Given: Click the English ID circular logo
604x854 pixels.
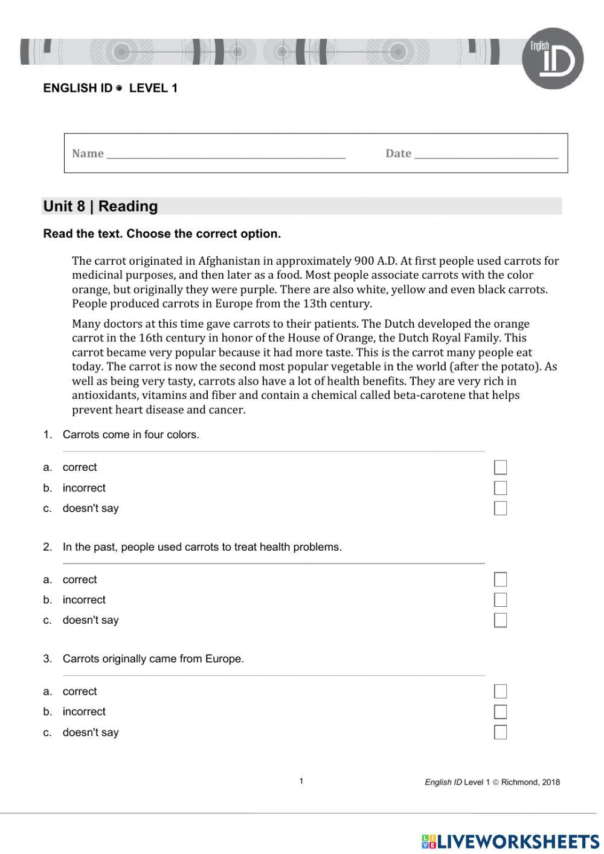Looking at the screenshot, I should coord(552,59).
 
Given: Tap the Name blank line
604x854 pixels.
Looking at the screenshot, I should coord(226,155).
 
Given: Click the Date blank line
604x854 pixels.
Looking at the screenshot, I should coord(486,155).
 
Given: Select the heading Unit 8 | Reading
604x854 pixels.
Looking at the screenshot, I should coord(101,206).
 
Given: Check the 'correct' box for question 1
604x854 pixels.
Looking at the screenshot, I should coord(500,467).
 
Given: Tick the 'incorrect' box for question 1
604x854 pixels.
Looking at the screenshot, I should coord(500,488).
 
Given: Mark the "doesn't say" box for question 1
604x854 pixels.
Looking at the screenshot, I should coord(500,508).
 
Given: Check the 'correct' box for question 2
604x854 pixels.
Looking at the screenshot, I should coord(500,580).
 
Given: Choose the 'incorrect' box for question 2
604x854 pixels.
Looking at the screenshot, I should coord(500,600).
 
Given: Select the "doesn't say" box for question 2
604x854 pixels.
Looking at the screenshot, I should coord(500,620).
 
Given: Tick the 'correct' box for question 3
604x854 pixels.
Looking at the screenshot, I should coord(500,691).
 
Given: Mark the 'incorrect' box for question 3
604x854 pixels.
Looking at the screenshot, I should coord(500,712).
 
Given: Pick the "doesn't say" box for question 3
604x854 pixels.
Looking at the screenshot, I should coord(500,733).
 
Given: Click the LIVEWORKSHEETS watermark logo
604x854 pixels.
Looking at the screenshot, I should coord(510,841).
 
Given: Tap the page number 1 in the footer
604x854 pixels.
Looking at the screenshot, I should coord(301,781).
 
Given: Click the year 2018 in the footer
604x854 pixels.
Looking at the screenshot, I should coord(551,782).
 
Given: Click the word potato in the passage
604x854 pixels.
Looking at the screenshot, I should coord(517,367).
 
